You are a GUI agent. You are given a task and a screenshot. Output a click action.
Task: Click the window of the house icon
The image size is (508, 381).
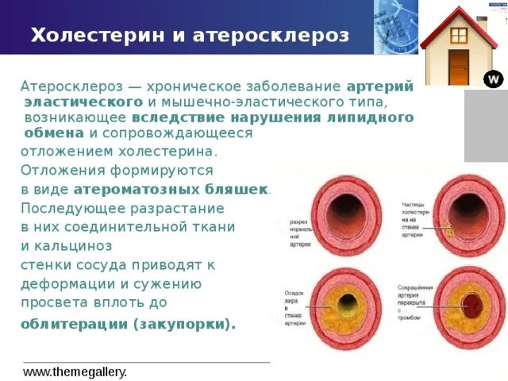tap(459, 35)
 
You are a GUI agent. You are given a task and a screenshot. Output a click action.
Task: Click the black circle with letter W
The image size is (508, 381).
tap(493, 79)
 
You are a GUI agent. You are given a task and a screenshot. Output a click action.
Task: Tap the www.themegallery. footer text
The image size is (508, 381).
tap(75, 371)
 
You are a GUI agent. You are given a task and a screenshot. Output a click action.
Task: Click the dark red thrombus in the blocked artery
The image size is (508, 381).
tap(473, 305)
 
